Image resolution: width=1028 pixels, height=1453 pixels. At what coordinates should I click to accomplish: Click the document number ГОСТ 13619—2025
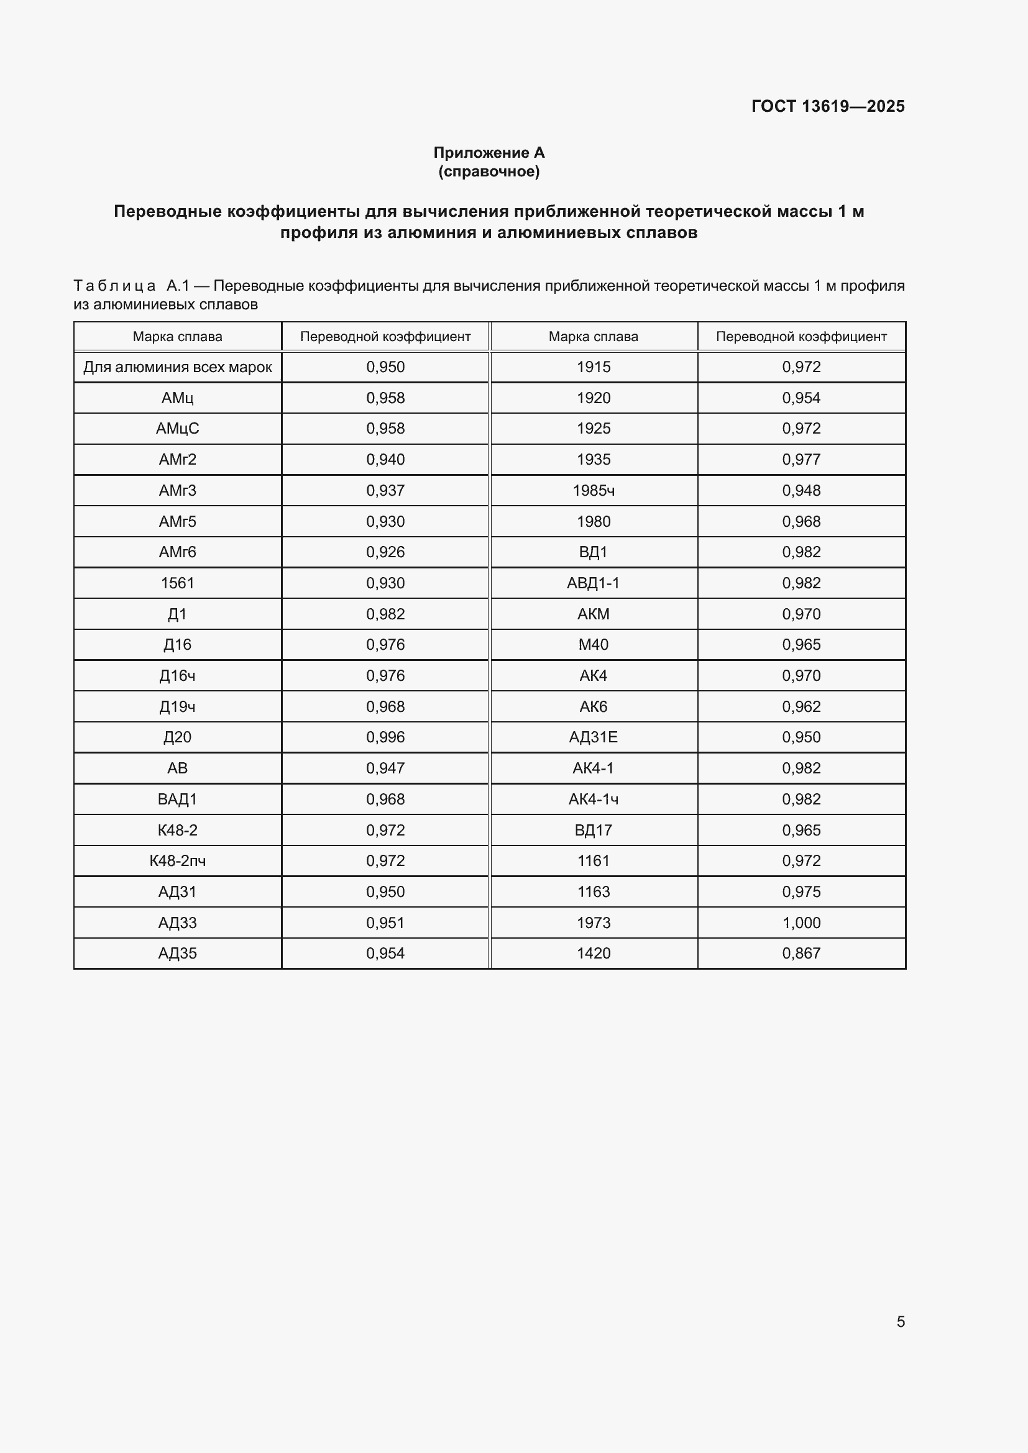click(827, 106)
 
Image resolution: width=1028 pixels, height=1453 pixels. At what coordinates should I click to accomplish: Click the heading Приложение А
click(489, 153)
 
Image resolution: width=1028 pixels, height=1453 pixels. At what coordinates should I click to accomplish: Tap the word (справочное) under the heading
click(489, 171)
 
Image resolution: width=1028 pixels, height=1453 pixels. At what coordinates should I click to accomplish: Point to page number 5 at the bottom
click(900, 1321)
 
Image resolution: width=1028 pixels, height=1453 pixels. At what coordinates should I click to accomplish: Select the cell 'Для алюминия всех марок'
click(177, 367)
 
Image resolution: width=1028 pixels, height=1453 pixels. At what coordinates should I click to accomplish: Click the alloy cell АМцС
click(177, 429)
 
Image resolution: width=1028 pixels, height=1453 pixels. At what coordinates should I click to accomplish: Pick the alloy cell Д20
click(177, 737)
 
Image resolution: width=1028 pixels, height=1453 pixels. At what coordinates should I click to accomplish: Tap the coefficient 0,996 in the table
click(385, 737)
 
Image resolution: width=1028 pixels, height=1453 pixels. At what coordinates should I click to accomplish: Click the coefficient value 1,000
click(801, 922)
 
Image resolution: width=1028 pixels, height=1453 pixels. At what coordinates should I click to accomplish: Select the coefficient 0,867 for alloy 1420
click(801, 953)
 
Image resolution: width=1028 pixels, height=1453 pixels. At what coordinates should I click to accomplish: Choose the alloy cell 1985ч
click(593, 491)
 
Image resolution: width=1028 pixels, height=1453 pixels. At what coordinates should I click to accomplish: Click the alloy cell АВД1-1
click(593, 583)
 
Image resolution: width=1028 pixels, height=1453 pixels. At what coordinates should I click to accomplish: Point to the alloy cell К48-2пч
click(177, 860)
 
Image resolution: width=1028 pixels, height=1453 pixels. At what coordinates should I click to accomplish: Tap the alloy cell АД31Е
click(593, 737)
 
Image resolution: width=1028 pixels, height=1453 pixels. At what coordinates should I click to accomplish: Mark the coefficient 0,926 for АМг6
click(385, 552)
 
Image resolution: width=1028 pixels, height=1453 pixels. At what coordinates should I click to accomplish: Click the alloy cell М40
click(593, 644)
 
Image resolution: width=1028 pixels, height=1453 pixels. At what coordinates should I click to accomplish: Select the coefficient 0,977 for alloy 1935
click(801, 460)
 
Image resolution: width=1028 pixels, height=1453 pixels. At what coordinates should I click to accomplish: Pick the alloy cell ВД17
click(593, 830)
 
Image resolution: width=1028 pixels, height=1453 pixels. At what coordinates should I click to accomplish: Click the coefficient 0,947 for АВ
click(385, 768)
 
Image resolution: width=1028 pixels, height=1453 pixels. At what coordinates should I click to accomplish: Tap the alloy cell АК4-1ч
click(593, 799)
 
